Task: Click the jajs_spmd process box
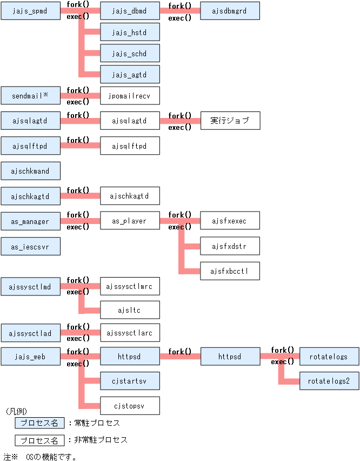(30, 10)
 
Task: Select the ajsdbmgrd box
(230, 10)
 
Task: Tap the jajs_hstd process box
(130, 32)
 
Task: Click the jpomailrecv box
(130, 96)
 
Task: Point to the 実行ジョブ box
(230, 121)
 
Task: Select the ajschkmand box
(30, 171)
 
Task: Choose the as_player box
(130, 221)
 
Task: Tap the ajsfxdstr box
(230, 246)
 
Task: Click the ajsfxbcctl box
(230, 271)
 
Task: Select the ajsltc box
(130, 310)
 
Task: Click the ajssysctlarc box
(130, 333)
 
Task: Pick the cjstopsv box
(130, 405)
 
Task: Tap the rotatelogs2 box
(329, 381)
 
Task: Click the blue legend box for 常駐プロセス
(39, 423)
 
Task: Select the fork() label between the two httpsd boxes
(180, 351)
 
